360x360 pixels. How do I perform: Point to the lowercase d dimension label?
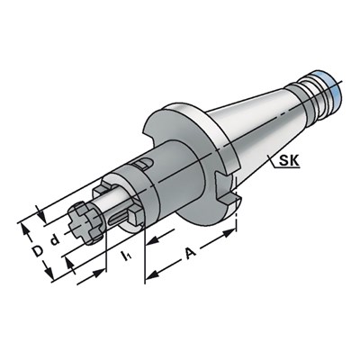tap(55, 240)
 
